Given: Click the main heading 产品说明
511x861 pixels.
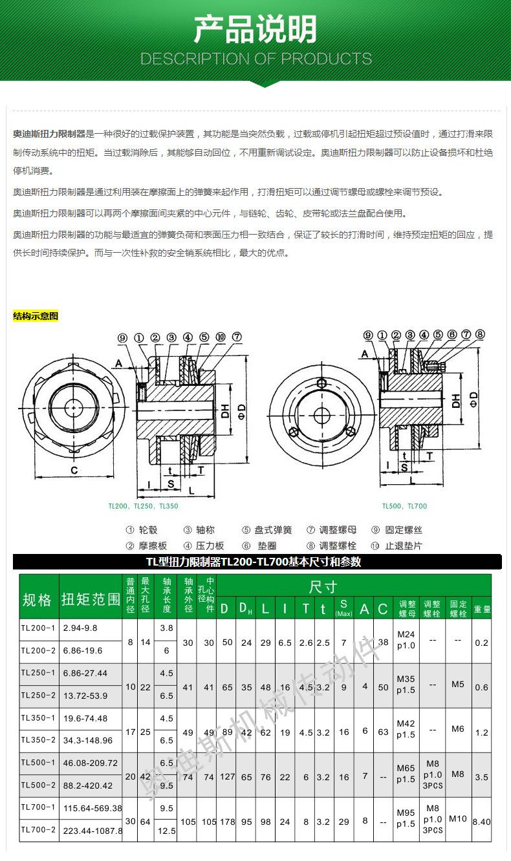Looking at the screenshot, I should [x=255, y=30].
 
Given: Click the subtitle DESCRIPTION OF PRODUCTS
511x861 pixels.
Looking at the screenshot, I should [x=255, y=59].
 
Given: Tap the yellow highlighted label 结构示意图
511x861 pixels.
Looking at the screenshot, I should [x=36, y=316].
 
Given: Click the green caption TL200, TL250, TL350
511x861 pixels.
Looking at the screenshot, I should [x=143, y=506].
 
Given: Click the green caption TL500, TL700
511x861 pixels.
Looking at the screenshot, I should [x=404, y=506].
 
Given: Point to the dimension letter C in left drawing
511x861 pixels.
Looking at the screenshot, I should [x=74, y=470].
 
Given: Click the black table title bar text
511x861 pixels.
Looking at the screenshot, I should [x=254, y=562].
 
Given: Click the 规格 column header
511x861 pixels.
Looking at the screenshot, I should [x=37, y=600].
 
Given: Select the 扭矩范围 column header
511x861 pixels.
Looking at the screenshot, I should [x=91, y=600].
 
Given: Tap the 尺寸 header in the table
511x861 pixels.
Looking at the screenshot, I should [x=323, y=587].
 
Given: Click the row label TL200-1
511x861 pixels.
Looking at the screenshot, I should [x=38, y=628].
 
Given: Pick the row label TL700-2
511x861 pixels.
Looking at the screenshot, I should [x=38, y=830].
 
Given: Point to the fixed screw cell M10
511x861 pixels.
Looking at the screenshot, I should [x=457, y=818].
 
